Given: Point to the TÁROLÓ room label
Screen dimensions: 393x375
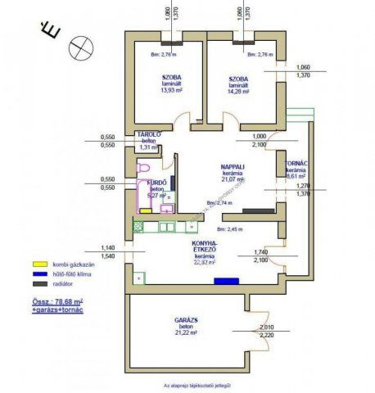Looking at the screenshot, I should tap(148, 134).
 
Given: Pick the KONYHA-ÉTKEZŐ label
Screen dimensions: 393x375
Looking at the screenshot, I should tap(204, 246).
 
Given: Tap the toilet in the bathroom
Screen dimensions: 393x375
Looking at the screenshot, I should tap(143, 168).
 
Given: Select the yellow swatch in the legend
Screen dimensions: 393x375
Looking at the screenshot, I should tap(36, 264).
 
